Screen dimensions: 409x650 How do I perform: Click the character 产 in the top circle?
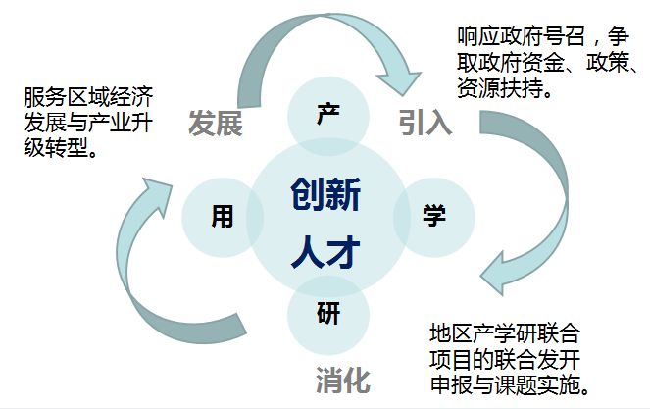coord(326,114)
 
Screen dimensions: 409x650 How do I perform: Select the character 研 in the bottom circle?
coord(327,315)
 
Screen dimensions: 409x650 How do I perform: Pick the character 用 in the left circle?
coord(223,216)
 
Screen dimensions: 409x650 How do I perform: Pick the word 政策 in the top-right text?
coord(610,64)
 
